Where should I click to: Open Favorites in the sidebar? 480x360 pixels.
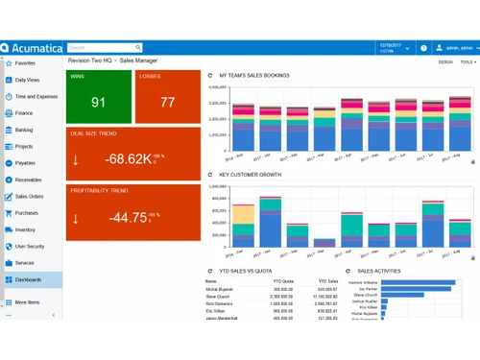pyautogui.click(x=26, y=63)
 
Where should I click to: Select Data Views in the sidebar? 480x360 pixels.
pyautogui.click(x=28, y=81)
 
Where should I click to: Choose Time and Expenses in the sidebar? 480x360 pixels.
pyautogui.click(x=36, y=97)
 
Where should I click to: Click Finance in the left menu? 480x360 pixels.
pyautogui.click(x=24, y=113)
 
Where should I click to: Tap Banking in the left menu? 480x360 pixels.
pyautogui.click(x=24, y=130)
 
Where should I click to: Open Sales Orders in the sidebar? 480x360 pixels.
pyautogui.click(x=30, y=196)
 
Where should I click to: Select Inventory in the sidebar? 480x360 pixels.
pyautogui.click(x=26, y=229)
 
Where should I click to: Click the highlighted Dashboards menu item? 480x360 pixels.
pyautogui.click(x=29, y=279)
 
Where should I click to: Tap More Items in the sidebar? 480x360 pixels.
pyautogui.click(x=28, y=302)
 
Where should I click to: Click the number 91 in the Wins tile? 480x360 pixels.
pyautogui.click(x=98, y=103)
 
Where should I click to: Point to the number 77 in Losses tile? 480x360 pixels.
pyautogui.click(x=167, y=103)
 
